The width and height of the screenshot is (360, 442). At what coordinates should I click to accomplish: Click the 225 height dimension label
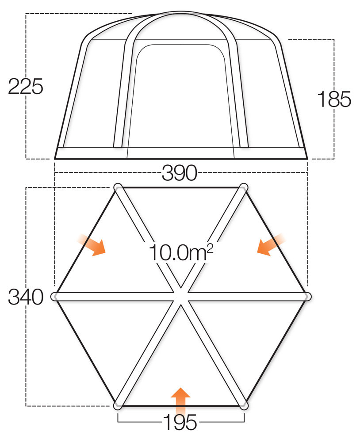(x=26, y=86)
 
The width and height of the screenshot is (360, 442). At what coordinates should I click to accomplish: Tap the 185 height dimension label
(x=334, y=99)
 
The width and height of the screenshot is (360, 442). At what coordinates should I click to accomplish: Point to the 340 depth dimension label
(x=26, y=297)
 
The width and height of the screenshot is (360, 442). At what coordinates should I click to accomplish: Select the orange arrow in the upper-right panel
(x=270, y=246)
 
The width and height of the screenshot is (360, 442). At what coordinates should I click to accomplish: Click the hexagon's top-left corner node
(x=118, y=187)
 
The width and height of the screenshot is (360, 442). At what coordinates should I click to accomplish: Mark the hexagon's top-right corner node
(x=243, y=187)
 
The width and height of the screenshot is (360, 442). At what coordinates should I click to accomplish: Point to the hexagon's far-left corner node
(x=55, y=297)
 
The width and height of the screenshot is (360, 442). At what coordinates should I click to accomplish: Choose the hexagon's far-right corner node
(x=308, y=296)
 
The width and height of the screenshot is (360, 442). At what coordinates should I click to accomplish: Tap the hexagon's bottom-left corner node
(x=117, y=405)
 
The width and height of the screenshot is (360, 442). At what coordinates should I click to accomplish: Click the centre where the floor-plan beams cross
(x=180, y=296)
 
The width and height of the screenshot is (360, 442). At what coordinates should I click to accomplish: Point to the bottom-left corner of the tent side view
(x=55, y=158)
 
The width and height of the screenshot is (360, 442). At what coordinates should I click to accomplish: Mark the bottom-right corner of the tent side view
(x=306, y=158)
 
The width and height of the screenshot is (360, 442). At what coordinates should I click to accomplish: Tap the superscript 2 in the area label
(x=209, y=248)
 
